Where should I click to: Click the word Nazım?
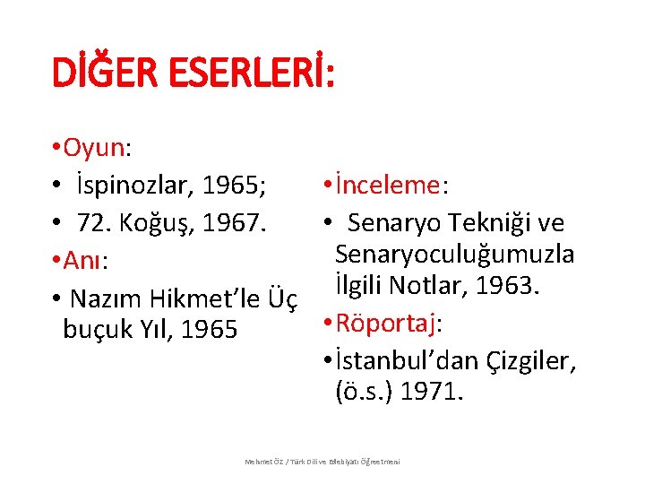pyautogui.click(x=104, y=297)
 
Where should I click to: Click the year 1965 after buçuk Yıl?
pyautogui.click(x=209, y=329)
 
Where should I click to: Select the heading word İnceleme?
pyautogui.click(x=388, y=186)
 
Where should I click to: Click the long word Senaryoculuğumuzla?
pyautogui.click(x=455, y=254)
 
